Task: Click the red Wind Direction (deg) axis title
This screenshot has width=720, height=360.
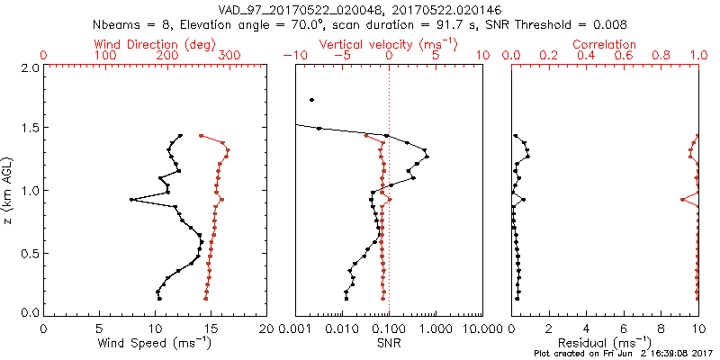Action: point(156,43)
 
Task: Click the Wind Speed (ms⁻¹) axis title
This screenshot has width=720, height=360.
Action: point(155,343)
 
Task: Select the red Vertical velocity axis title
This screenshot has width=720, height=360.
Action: point(388,43)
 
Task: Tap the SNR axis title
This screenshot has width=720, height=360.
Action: point(389,343)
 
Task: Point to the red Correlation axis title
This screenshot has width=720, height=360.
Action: point(605,43)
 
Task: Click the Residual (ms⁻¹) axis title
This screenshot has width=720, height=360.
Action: point(604,343)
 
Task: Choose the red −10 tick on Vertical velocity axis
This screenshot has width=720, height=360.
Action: point(292,56)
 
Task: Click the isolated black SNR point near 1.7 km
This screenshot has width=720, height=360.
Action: point(311,100)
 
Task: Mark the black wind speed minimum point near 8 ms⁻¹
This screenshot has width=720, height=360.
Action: point(131,199)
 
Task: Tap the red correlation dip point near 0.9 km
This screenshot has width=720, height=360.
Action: point(681,199)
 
